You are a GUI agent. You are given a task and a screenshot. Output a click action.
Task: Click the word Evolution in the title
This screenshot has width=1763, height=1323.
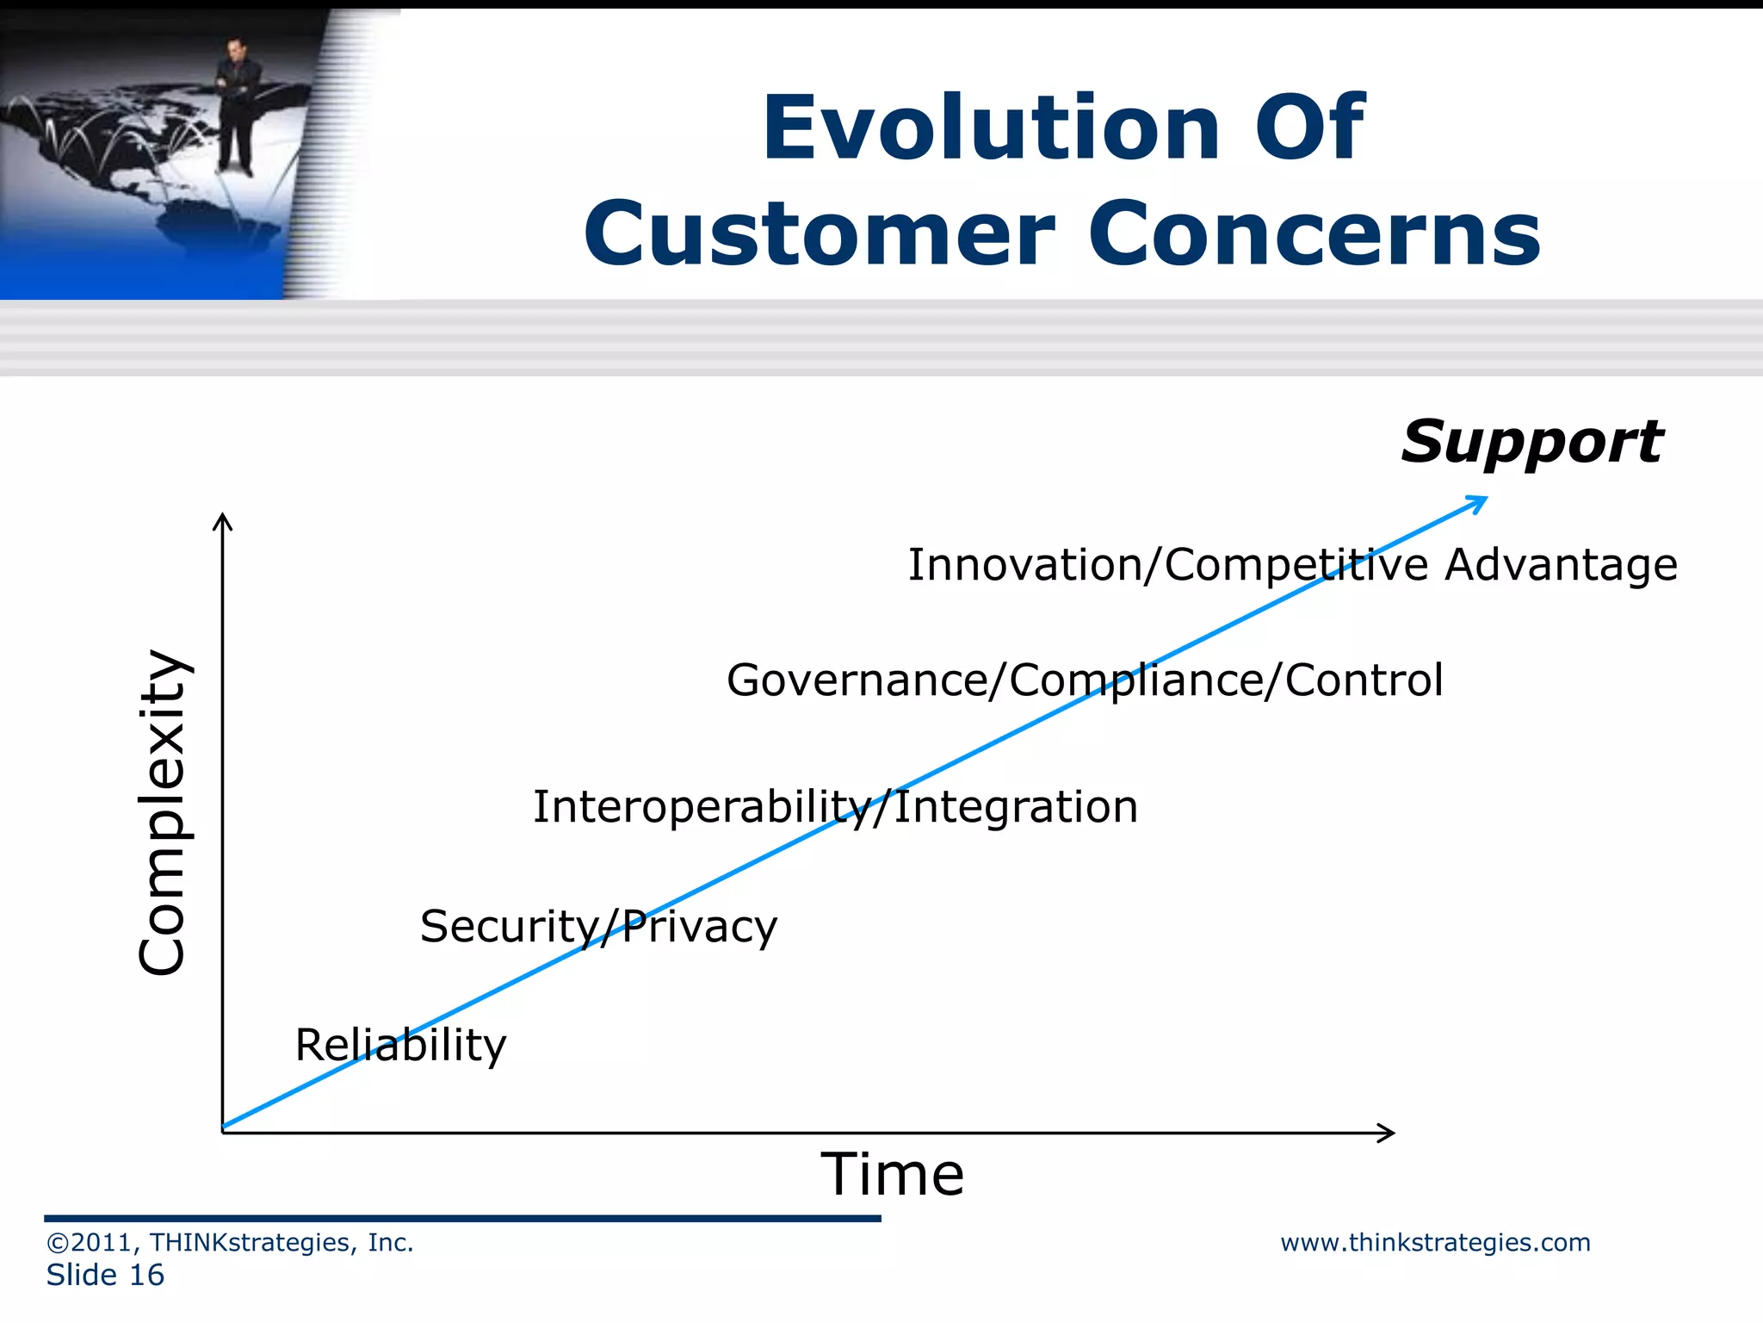pyautogui.click(x=991, y=128)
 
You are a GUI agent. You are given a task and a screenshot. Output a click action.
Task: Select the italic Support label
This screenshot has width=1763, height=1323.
pyautogui.click(x=1531, y=443)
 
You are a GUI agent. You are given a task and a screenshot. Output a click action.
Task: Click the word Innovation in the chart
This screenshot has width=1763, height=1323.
pyautogui.click(x=1024, y=566)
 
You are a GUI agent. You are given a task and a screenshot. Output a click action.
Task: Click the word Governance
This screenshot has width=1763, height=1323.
pyautogui.click(x=857, y=680)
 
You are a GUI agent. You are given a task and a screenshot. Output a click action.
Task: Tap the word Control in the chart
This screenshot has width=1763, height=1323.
pyautogui.click(x=1364, y=680)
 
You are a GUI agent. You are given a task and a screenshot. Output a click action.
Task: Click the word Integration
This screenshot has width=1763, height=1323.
pyautogui.click(x=1016, y=808)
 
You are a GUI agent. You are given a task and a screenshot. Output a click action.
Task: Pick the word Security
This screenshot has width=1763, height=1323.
pyautogui.click(x=508, y=928)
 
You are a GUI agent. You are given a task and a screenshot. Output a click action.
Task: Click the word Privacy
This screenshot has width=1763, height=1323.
pyautogui.click(x=699, y=928)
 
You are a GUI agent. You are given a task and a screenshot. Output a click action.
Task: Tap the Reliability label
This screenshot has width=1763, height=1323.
pyautogui.click(x=400, y=1047)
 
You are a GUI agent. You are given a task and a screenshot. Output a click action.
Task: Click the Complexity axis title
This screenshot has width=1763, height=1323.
pyautogui.click(x=163, y=812)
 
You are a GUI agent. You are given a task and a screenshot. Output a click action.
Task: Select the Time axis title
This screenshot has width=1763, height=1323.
pyautogui.click(x=892, y=1175)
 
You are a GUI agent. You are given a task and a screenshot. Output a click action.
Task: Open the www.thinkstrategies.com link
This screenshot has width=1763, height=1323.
pyautogui.click(x=1435, y=1243)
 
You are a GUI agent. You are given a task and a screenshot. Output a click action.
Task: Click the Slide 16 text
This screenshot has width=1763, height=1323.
pyautogui.click(x=105, y=1276)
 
